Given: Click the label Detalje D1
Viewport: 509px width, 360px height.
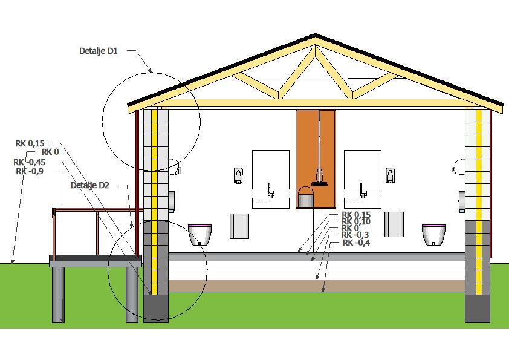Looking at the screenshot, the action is pos(98,51).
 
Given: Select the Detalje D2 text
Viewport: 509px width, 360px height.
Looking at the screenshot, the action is pos(89,185).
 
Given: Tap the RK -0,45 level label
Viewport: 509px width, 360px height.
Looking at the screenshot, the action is pos(29,162).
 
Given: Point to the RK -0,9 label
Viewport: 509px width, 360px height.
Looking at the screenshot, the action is pos(30,171).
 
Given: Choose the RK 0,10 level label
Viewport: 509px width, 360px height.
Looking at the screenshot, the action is pos(356,221).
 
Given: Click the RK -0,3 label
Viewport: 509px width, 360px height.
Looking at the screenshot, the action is pos(356,235).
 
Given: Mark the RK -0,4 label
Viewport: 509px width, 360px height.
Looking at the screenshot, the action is pos(357,243).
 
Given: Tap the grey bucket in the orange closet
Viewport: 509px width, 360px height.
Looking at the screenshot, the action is pos(306,197).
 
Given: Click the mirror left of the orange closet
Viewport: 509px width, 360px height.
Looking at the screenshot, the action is pos(270,170).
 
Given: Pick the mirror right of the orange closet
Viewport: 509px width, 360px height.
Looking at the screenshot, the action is pos(362,170).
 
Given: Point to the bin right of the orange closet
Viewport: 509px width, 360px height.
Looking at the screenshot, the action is pos(395,224).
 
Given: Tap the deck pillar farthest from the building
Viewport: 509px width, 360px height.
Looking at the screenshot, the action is pos(58,295).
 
